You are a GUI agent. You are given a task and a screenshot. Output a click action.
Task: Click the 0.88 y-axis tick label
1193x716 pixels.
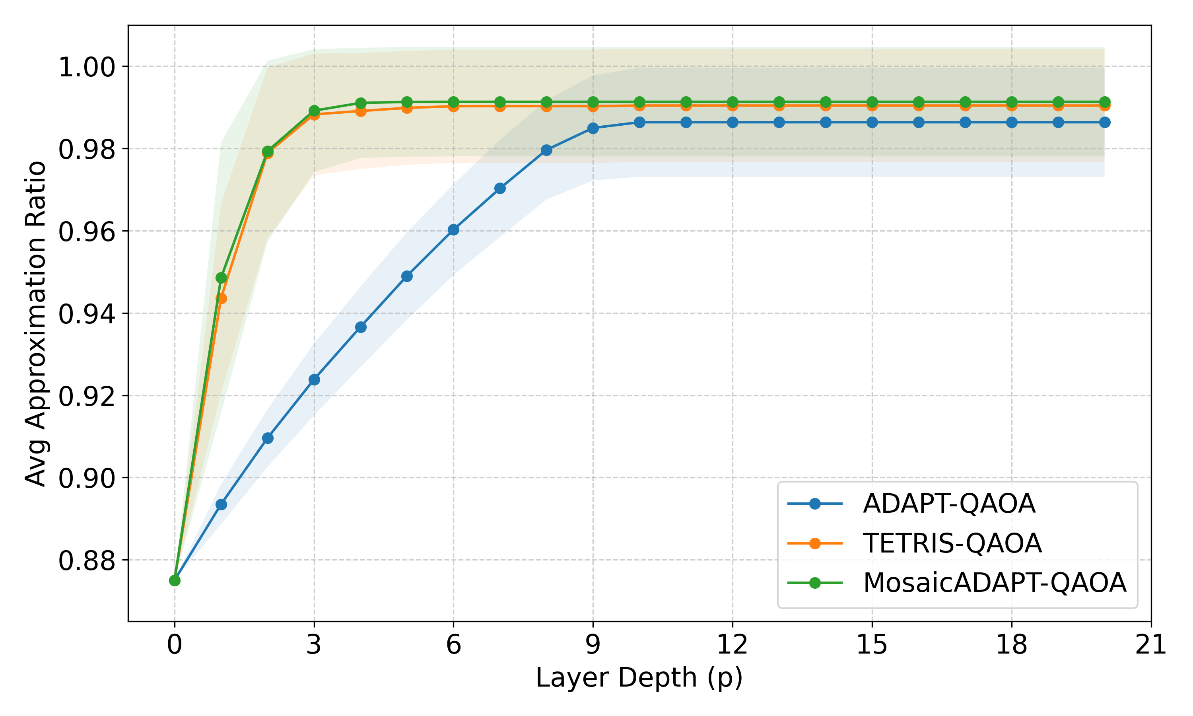pos(87,560)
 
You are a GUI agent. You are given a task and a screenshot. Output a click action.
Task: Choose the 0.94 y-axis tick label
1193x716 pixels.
pos(87,313)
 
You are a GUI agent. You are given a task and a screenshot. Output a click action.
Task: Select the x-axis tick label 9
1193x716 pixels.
pos(593,644)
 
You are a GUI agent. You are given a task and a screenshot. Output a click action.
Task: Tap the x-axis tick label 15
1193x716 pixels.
pos(872,644)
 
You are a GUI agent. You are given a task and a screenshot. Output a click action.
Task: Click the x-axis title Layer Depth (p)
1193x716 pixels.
pos(639,678)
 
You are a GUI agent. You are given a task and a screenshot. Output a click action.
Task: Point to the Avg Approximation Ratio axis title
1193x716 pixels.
pos(35,323)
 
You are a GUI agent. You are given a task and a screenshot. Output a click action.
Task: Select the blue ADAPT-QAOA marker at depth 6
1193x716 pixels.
pos(453,230)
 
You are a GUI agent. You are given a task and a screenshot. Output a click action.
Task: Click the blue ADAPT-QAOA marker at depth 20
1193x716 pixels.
pos(1105,123)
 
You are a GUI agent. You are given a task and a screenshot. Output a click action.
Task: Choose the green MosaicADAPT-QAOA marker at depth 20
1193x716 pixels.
pos(1105,102)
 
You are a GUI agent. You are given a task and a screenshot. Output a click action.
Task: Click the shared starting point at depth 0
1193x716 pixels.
pos(175,580)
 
